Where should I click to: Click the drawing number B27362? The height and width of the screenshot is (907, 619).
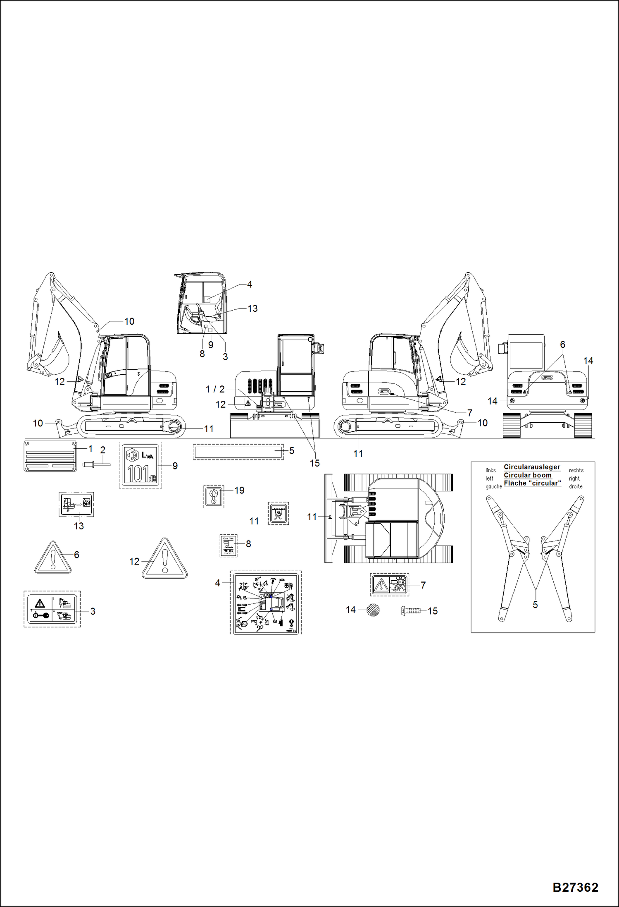pos(575,888)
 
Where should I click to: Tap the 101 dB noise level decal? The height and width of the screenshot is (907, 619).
pos(140,465)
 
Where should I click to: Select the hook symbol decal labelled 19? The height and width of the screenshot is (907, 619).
pos(214,496)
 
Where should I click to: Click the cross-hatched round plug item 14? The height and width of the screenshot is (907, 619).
pos(373,610)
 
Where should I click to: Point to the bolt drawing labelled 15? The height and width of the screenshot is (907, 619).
pos(411,610)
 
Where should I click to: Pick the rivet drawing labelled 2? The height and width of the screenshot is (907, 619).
pos(97,465)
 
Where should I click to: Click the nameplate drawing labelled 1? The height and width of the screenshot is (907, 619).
pos(50,456)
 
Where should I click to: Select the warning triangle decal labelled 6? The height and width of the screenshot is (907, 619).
pos(52,559)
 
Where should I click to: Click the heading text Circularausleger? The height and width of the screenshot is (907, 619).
pos(532,467)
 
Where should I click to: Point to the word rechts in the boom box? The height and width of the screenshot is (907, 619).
pos(576,470)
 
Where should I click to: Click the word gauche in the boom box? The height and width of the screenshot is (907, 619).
pos(493,487)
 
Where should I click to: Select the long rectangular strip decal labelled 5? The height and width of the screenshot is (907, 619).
pos(238,452)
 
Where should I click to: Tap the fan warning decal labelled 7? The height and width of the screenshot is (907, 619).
pos(389,584)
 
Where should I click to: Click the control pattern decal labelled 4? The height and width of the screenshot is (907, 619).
pos(266,602)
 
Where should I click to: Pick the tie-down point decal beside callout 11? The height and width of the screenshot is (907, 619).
pos(279,514)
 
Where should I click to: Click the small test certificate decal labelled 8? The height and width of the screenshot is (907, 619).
pos(228,546)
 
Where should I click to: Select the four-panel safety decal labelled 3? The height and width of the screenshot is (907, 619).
pos(52,609)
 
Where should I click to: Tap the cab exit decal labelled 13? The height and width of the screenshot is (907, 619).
pos(76,504)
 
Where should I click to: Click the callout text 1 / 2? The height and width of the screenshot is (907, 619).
pos(215,389)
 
